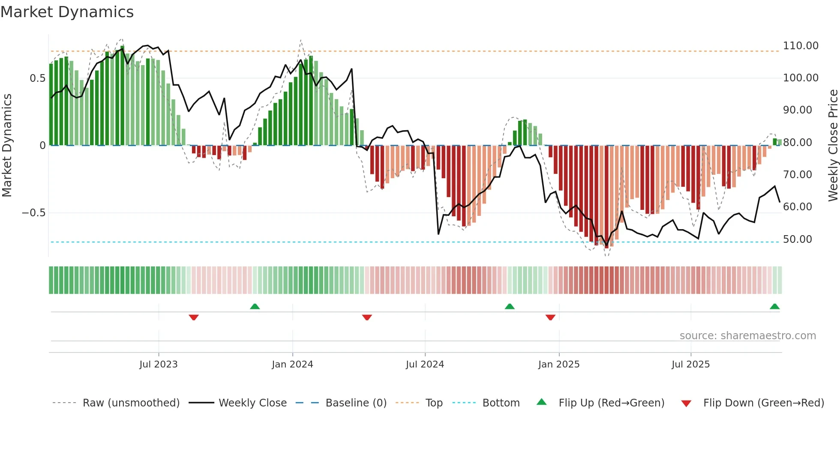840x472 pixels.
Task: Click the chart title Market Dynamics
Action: click(x=67, y=12)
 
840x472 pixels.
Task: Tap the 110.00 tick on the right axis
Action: click(x=800, y=46)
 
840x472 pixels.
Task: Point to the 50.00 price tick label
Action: click(x=797, y=239)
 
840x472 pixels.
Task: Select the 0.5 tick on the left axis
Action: click(x=37, y=78)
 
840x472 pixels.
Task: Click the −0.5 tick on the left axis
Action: click(x=34, y=213)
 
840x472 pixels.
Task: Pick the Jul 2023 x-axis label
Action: click(x=158, y=364)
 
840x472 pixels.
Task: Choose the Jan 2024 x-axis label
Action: click(x=292, y=364)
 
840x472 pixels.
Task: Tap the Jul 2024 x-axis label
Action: click(x=425, y=364)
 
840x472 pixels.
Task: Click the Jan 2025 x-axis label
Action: click(x=559, y=364)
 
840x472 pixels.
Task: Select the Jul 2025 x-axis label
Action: click(x=690, y=364)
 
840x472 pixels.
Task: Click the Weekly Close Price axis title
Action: click(x=833, y=145)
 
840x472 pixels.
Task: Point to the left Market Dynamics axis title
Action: click(x=7, y=145)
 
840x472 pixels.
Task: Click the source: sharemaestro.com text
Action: click(x=747, y=336)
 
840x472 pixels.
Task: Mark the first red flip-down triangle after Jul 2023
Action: click(x=194, y=317)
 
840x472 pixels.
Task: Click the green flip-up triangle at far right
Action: click(x=774, y=307)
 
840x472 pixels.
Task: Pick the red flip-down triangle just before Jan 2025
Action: click(x=550, y=317)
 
